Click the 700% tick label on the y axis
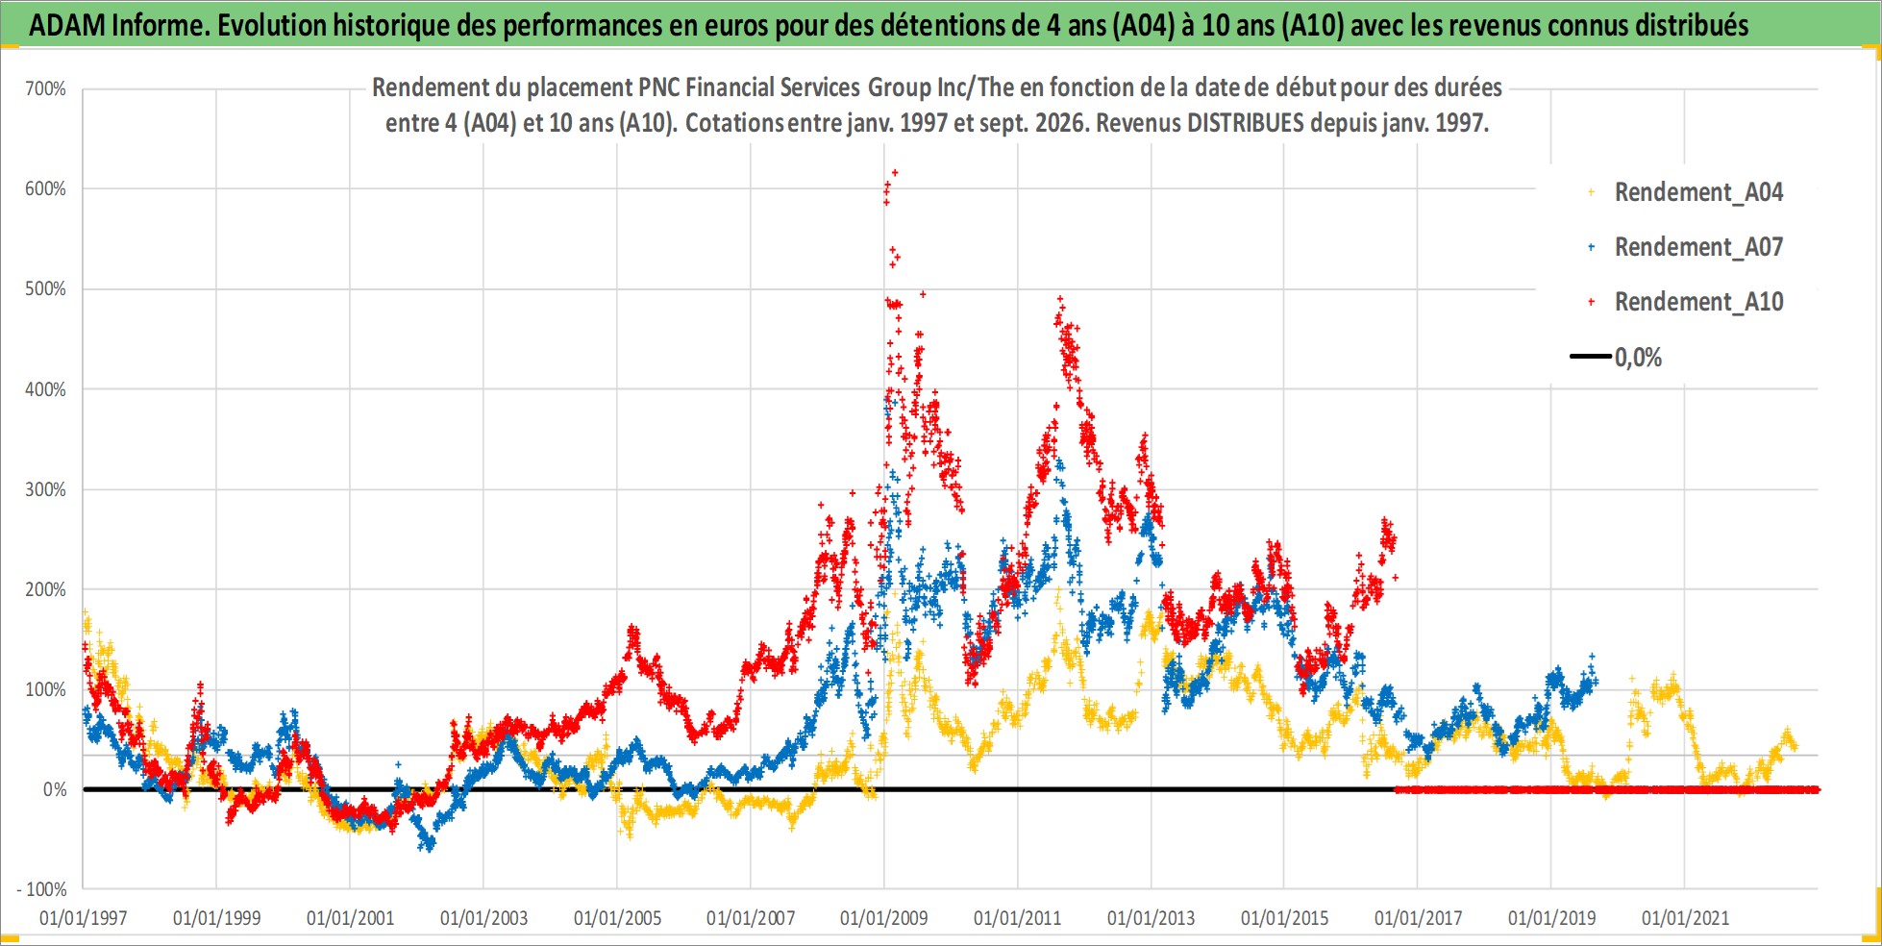tap(45, 89)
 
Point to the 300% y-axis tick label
tap(45, 489)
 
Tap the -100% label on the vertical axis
tap(42, 889)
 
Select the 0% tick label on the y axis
tap(55, 789)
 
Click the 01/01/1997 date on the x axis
tap(84, 918)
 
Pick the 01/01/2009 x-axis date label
tap(884, 918)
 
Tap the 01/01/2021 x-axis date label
tap(1685, 918)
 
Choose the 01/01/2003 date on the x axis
tap(483, 918)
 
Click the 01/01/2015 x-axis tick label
tap(1284, 918)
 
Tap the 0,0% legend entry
tap(1617, 358)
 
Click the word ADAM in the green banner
tap(67, 25)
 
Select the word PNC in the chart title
tap(658, 87)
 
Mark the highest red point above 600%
tap(895, 173)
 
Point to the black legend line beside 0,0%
tap(1591, 357)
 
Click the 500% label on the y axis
tap(45, 289)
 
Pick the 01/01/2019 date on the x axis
tap(1551, 918)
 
